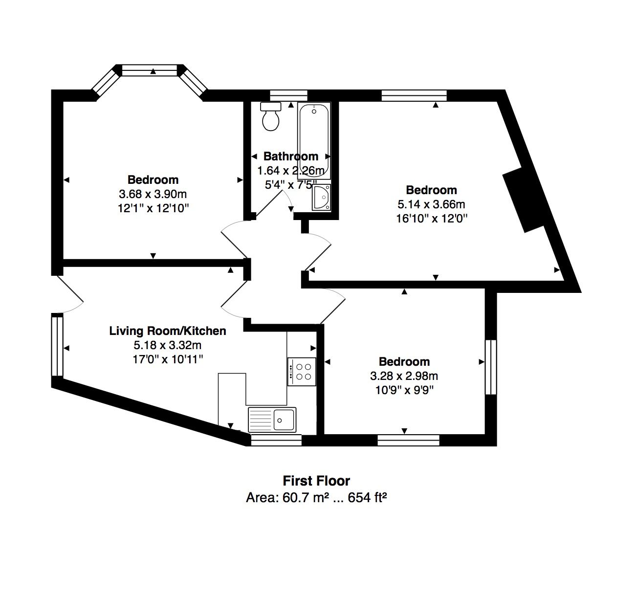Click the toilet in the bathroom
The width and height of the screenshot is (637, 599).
[271, 116]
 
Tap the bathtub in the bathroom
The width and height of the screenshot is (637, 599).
[314, 140]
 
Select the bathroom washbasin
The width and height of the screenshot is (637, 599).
[321, 198]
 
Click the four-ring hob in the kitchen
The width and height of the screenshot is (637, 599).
[302, 372]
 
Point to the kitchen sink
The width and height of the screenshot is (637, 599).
[272, 420]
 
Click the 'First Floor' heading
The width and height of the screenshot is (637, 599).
[316, 481]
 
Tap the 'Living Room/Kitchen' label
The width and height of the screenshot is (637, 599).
[168, 331]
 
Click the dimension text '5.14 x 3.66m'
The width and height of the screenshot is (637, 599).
[431, 204]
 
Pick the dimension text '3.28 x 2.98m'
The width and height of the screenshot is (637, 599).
[404, 376]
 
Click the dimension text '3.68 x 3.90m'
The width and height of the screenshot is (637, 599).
[153, 194]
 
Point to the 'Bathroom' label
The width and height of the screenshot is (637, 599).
[291, 156]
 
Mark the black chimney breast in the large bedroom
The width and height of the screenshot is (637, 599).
[525, 199]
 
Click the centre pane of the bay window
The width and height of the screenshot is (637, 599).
[150, 70]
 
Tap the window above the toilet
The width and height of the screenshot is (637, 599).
[288, 95]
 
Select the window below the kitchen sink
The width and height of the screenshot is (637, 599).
[276, 440]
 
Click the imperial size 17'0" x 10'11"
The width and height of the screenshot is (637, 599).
[168, 359]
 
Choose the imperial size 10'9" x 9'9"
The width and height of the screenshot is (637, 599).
[404, 390]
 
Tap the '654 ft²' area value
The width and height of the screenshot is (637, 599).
[367, 498]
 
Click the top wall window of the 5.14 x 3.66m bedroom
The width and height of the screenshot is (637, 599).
[414, 95]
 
